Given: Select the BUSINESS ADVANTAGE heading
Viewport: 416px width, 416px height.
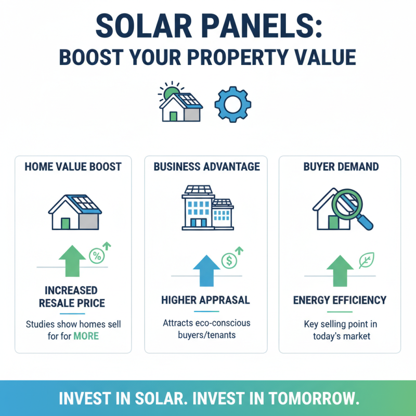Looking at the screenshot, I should point(207,167).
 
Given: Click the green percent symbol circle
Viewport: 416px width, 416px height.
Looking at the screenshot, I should point(97,255).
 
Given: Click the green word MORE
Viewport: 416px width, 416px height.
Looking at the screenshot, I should point(86,336).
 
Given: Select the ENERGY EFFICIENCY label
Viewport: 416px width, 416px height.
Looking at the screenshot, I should point(340,300).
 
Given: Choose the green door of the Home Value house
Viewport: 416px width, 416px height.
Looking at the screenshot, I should point(66,223).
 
